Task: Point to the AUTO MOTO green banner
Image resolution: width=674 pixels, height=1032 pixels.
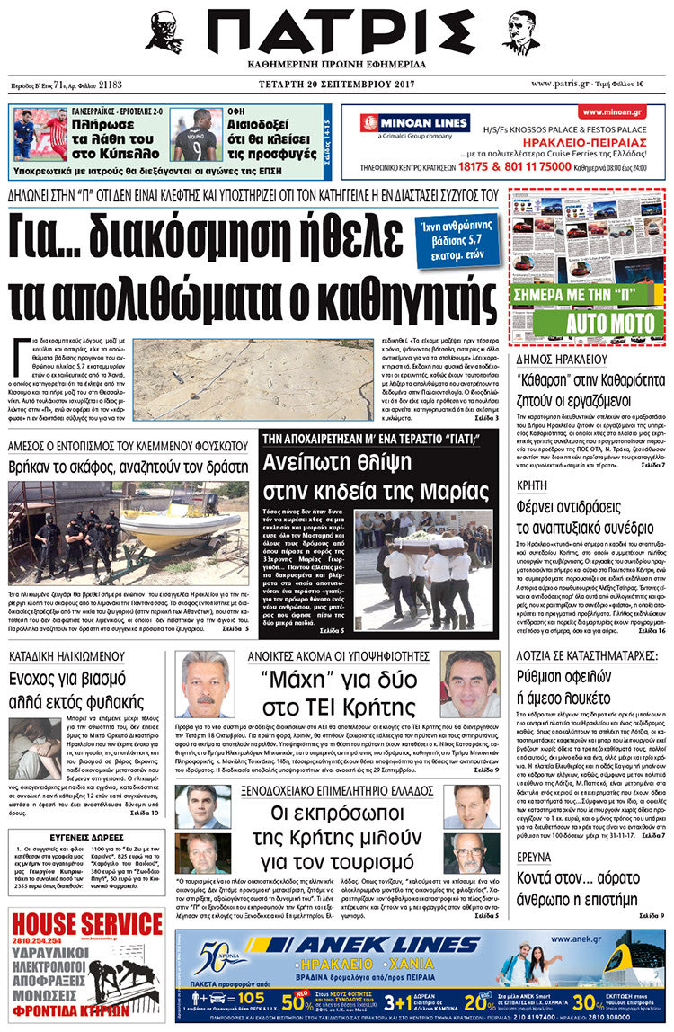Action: click(x=589, y=318)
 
